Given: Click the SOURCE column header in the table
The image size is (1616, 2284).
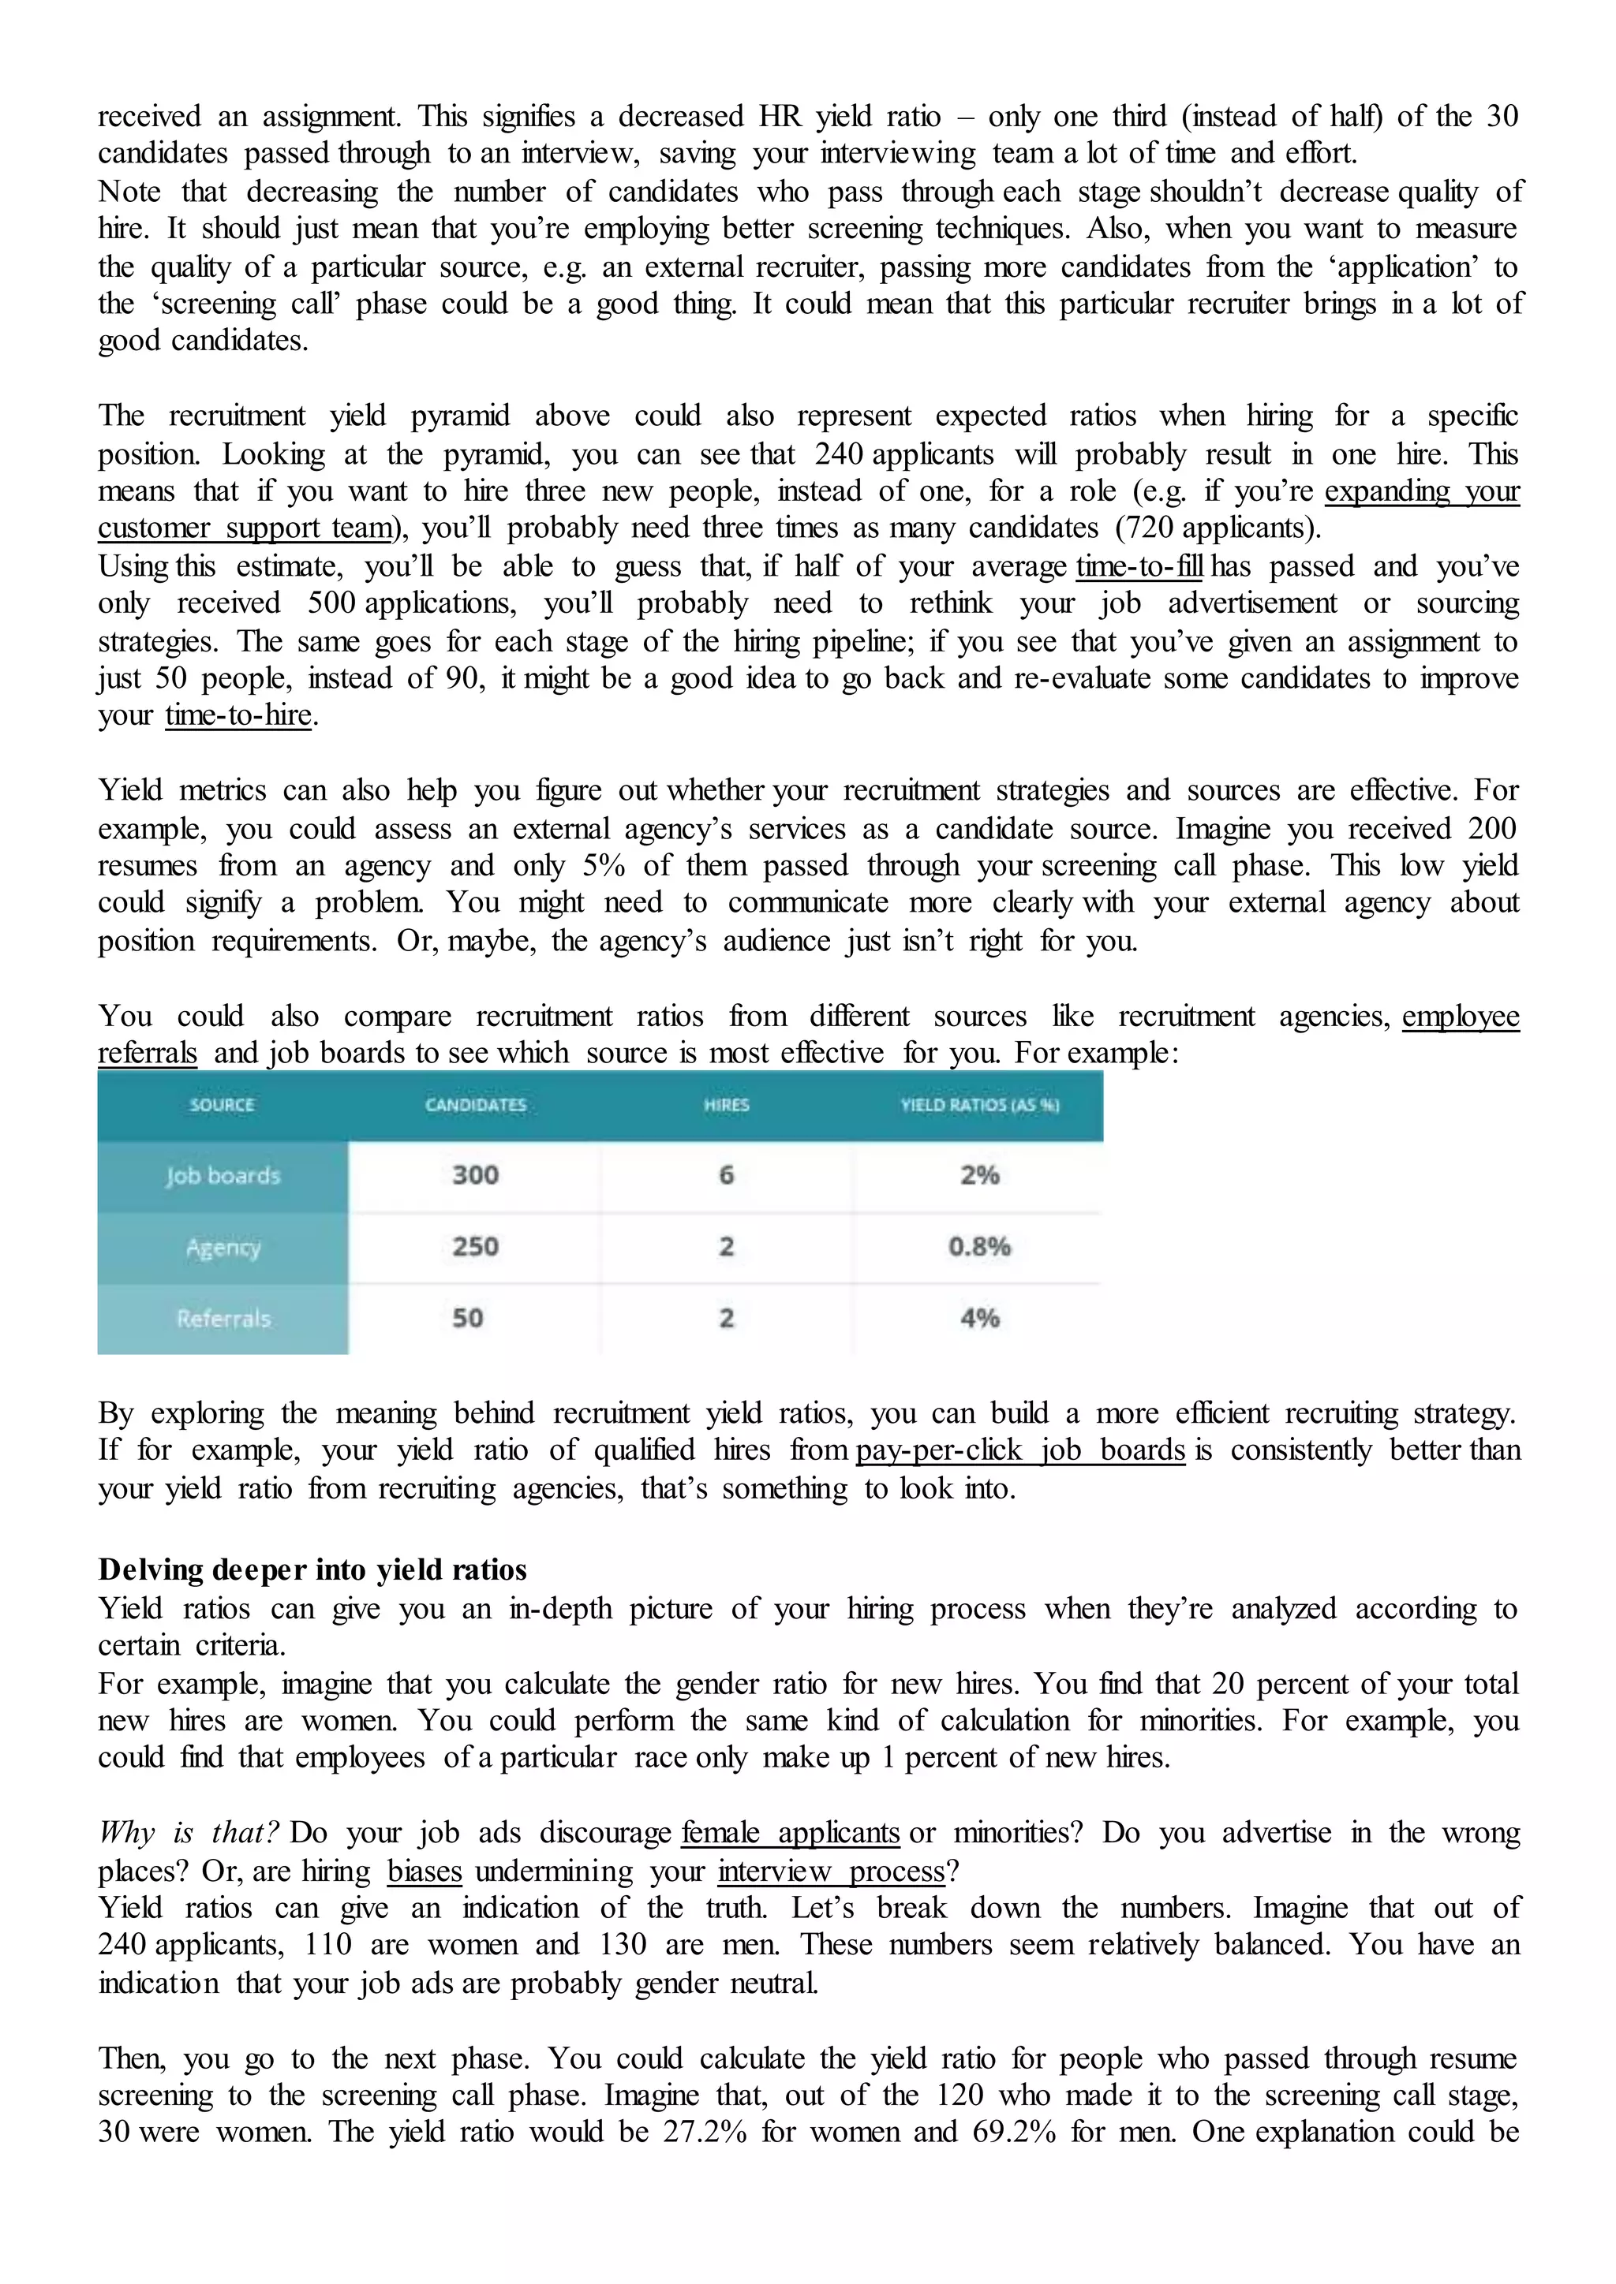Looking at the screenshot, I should (x=222, y=1105).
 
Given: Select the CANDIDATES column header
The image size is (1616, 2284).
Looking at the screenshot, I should (x=476, y=1105).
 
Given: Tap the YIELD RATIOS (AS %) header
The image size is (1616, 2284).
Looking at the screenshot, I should (x=979, y=1105).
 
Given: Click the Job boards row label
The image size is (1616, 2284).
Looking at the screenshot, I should (x=223, y=1176).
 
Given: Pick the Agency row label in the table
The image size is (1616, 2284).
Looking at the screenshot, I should (x=223, y=1248).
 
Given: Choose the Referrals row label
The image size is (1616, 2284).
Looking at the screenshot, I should (x=223, y=1319).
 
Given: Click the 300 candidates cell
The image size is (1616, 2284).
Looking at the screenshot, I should (x=476, y=1176).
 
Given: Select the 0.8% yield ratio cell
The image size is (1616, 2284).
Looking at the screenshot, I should (x=979, y=1248).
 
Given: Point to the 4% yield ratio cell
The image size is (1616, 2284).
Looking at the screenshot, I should (x=979, y=1319).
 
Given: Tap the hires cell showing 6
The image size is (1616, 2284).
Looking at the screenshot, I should (x=727, y=1176).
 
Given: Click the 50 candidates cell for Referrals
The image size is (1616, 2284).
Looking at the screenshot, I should (x=468, y=1319).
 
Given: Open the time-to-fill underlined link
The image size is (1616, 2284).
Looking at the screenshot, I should (x=1139, y=567).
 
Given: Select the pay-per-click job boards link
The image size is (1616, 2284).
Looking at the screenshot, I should (x=1020, y=1450).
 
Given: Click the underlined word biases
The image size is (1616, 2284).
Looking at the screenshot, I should (x=425, y=1872).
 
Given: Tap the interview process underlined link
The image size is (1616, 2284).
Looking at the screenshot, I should (x=831, y=1872).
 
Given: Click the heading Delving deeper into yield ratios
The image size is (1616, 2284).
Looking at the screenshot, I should (x=312, y=1569).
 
